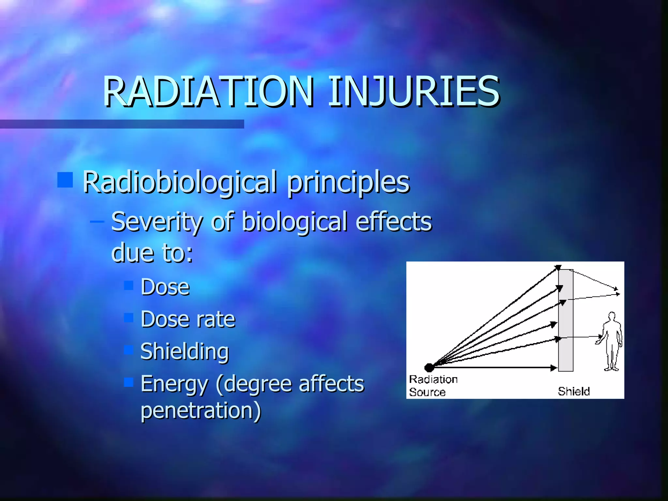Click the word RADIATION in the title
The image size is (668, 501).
209,92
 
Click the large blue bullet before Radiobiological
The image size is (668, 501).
65,180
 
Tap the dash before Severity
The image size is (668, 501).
97,222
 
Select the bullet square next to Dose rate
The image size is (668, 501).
129,317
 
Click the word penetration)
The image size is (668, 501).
201,411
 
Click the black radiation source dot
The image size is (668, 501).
429,368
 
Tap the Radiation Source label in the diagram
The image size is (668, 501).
433,386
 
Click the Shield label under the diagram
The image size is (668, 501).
574,391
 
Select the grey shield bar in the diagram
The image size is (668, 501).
566,320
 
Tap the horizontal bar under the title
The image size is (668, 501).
122,124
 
